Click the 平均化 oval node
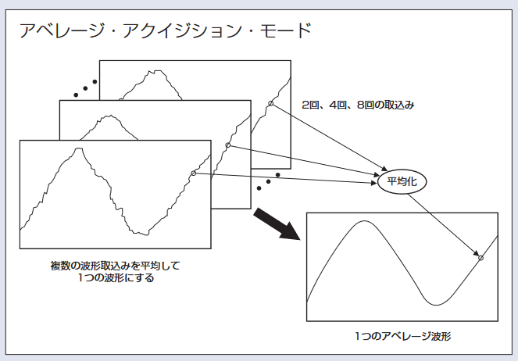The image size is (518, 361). (x=402, y=181)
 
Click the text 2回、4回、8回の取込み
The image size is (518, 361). (x=357, y=104)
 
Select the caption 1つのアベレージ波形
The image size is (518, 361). (x=402, y=336)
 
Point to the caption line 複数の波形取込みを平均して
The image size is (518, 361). (x=115, y=266)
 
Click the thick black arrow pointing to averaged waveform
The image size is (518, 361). (x=280, y=226)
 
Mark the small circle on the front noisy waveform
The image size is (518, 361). (x=193, y=173)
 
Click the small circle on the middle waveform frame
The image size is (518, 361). (x=227, y=145)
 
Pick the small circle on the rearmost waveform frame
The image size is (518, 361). (x=270, y=104)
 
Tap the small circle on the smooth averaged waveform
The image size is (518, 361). (x=480, y=257)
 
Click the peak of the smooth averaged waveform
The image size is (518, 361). (x=361, y=222)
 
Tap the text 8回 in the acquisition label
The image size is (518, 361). (x=363, y=104)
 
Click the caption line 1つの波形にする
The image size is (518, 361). (x=115, y=277)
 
